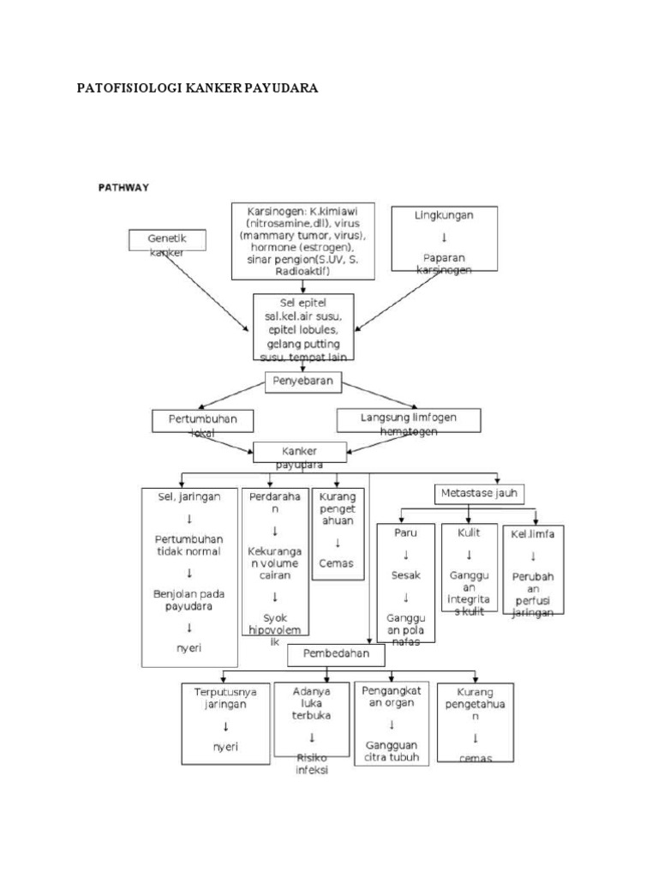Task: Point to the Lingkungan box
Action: click(445, 240)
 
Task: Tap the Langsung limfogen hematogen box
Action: click(409, 420)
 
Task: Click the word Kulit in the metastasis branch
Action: click(469, 532)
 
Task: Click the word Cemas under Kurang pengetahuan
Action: click(336, 563)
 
